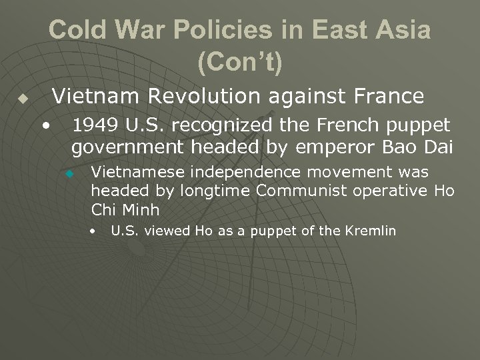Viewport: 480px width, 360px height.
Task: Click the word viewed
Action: tap(168, 231)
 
